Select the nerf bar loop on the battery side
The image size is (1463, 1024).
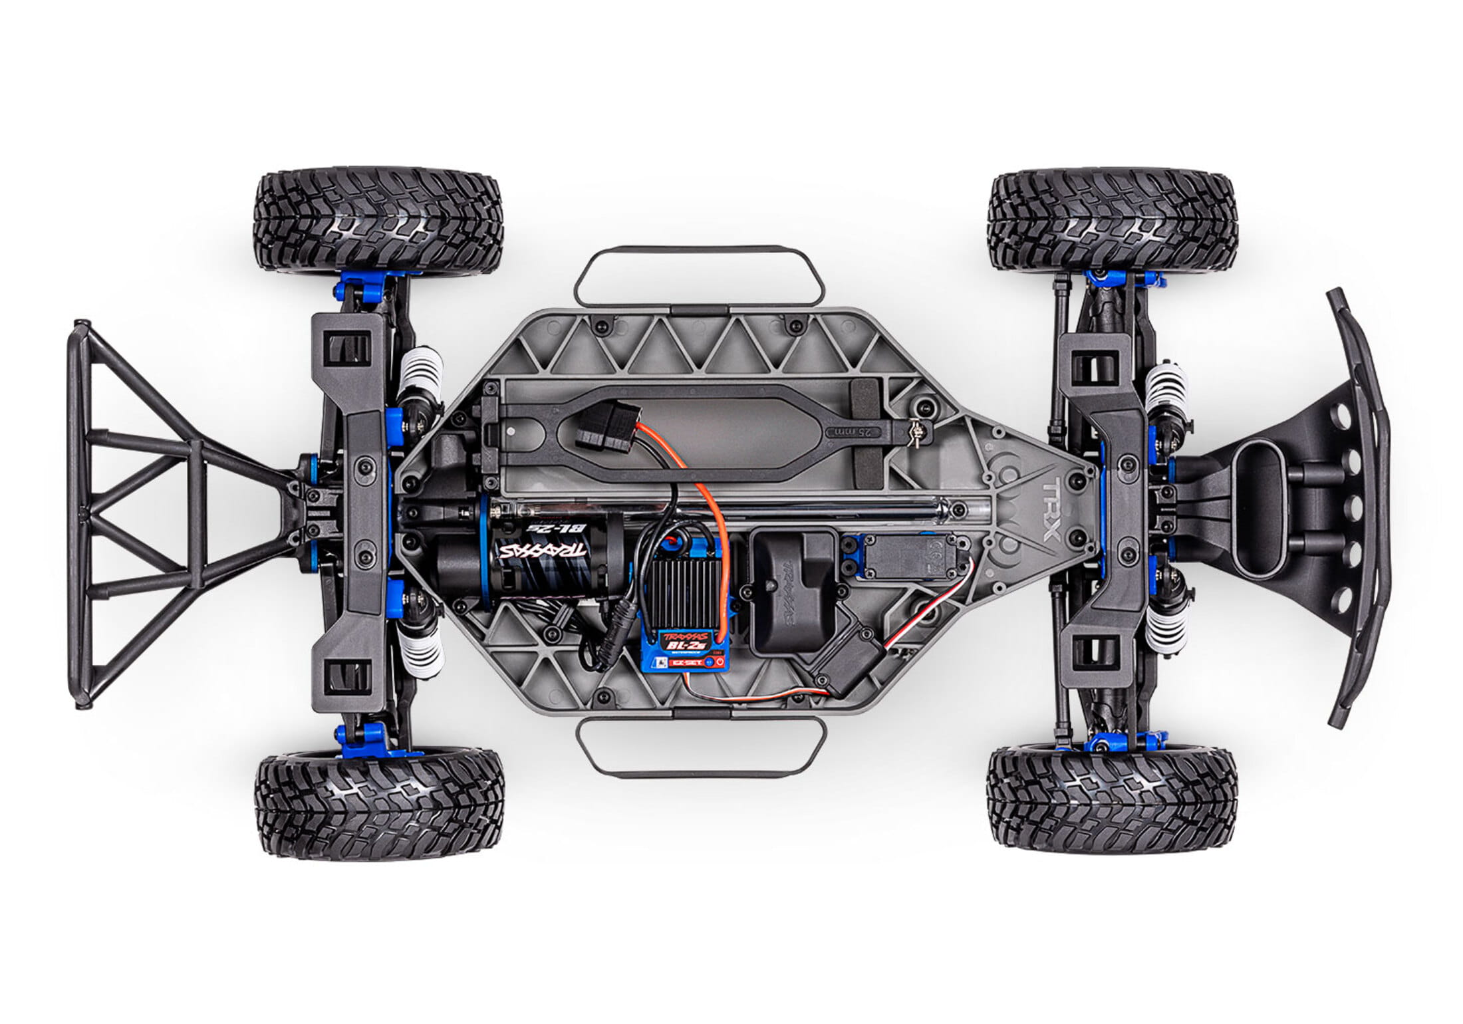(699, 275)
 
